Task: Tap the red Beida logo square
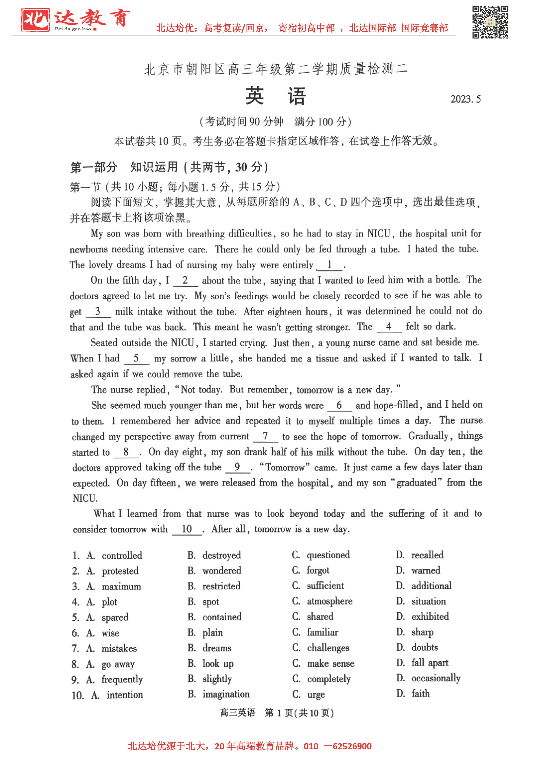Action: click(35, 20)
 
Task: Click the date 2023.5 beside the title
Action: click(465, 99)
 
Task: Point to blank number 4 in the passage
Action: click(389, 327)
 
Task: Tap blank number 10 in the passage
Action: click(187, 529)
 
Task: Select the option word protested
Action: click(120, 571)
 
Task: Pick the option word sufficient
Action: click(325, 586)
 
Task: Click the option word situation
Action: click(428, 601)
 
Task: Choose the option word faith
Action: click(420, 694)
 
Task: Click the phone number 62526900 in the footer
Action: click(352, 746)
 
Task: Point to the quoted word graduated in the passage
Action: click(416, 483)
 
